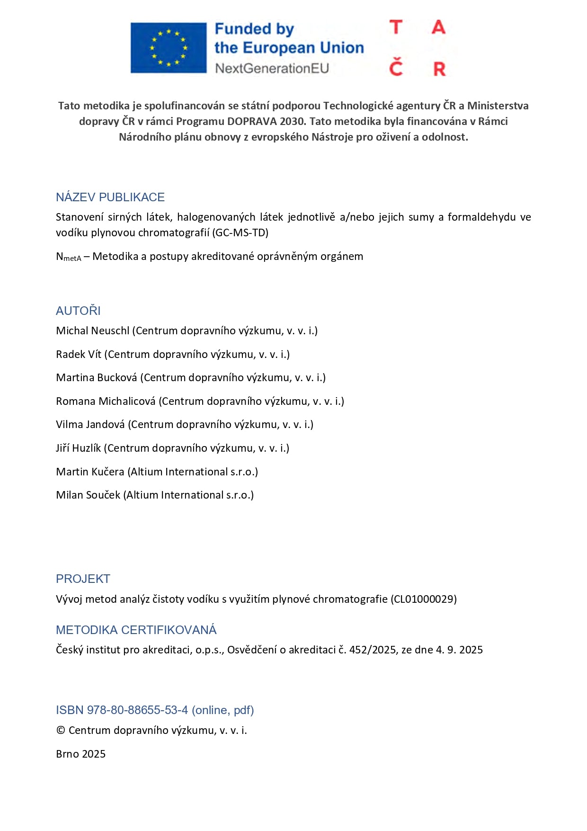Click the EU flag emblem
(169, 48)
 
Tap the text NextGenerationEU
(272, 69)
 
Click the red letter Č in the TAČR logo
(396, 68)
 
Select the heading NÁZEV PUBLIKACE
(110, 197)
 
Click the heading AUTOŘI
(78, 311)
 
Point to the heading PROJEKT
(83, 579)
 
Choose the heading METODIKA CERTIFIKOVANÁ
(136, 630)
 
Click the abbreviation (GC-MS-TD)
(240, 232)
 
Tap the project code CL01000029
(424, 599)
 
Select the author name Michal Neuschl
(92, 331)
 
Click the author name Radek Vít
(79, 354)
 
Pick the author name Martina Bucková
(97, 377)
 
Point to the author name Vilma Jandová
(90, 424)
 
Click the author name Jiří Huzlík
(78, 448)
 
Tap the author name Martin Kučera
(90, 472)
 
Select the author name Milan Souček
(88, 495)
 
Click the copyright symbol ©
(61, 731)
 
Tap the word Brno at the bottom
(67, 754)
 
